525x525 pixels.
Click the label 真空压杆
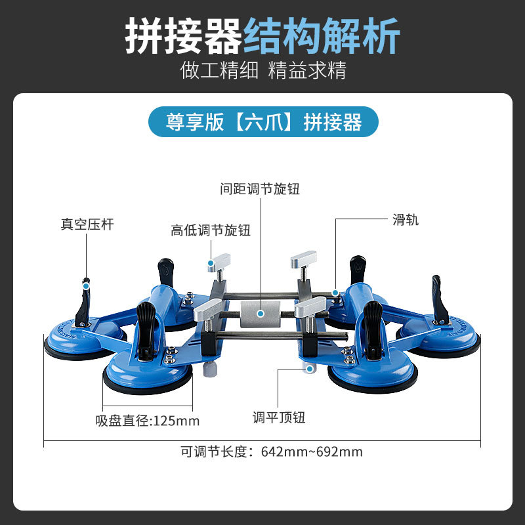tap(87, 224)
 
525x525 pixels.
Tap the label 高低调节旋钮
tap(211, 230)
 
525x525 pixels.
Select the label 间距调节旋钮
tap(260, 189)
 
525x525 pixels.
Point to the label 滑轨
tap(406, 220)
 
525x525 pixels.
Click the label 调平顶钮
tap(279, 417)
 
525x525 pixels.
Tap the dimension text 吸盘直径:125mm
tap(147, 421)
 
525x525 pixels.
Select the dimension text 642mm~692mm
tap(312, 451)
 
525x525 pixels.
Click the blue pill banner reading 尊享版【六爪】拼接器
tap(263, 121)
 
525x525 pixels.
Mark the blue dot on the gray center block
tap(261, 314)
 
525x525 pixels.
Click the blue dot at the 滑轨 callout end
tap(335, 293)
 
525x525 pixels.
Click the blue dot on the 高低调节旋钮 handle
tap(211, 266)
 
